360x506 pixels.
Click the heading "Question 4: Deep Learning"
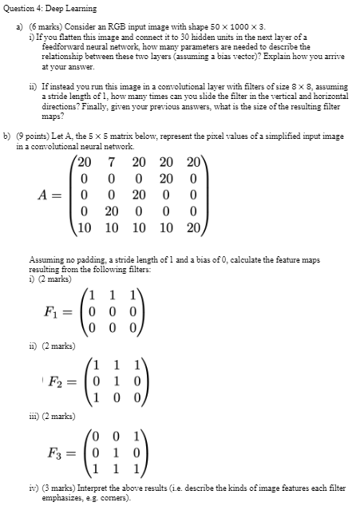coord(50,9)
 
